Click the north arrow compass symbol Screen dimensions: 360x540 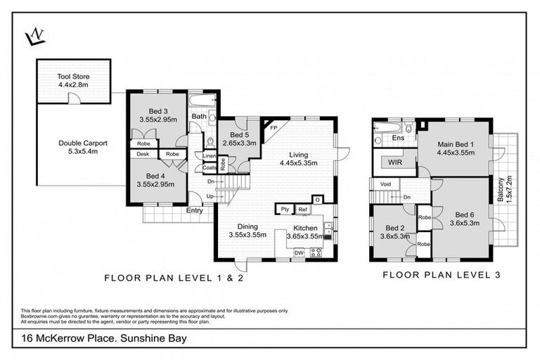tap(34, 36)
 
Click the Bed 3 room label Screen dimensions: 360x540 tap(157, 110)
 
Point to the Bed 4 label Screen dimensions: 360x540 tap(157, 176)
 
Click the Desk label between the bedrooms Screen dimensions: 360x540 tap(143, 154)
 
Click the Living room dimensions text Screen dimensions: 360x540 tap(302, 163)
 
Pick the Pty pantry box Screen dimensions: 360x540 tap(285, 210)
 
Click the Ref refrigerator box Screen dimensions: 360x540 tap(303, 210)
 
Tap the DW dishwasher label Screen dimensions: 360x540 tap(298, 253)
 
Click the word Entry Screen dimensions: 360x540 tap(195, 210)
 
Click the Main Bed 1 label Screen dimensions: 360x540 tap(455, 146)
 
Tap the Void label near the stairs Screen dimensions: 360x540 tap(385, 185)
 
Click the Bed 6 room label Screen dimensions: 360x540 tap(465, 214)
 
